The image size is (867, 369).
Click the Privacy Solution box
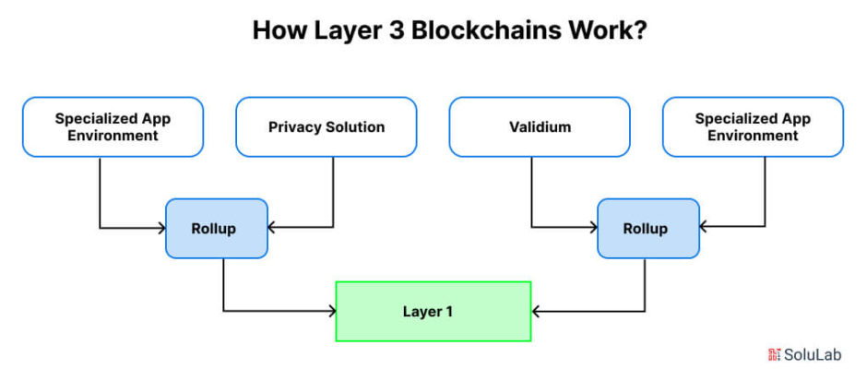pos(326,126)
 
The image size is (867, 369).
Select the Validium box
pos(540,126)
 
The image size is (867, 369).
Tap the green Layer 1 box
pos(433,312)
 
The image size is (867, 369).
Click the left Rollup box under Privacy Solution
pos(217,229)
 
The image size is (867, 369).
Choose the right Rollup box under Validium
pos(648,229)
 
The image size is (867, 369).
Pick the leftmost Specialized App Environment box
pos(113,126)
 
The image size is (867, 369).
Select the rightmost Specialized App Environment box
pos(753,126)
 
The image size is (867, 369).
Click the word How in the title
pos(276,31)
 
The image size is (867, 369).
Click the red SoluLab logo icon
pos(774,354)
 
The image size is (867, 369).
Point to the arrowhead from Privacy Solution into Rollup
pos(271,227)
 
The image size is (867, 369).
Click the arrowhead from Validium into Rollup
pos(594,227)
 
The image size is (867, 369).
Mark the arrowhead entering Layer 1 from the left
pos(332,311)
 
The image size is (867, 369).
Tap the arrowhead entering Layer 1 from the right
pos(535,312)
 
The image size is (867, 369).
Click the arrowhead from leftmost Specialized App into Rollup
pos(162,227)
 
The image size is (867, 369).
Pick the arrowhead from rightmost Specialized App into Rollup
pos(704,226)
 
